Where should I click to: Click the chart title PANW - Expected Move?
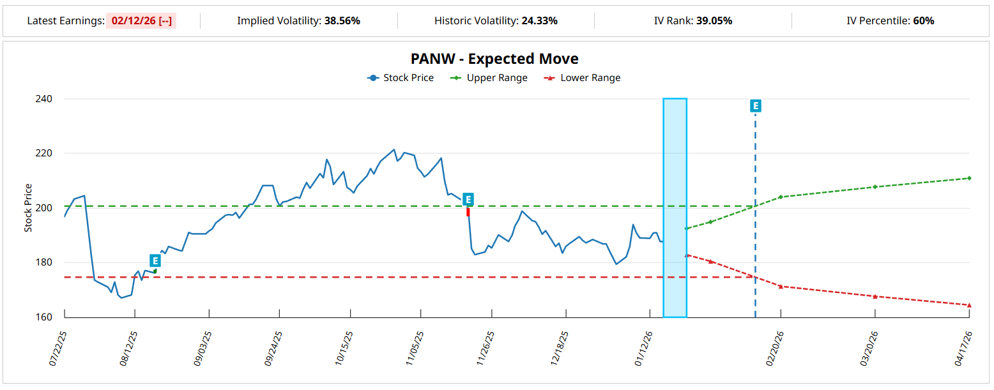coord(494,59)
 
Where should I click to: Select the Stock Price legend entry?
coord(401,78)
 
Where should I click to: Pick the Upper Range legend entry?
coord(489,78)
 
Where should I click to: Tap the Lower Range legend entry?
coord(582,78)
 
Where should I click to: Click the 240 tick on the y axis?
coord(44,99)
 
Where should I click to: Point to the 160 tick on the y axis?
coord(44,317)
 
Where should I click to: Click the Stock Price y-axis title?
coord(28,207)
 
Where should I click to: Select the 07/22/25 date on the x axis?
coord(57,348)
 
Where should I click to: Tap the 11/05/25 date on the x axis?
coord(414,348)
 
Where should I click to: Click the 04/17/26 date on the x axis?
coord(963,348)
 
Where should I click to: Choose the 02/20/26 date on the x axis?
coord(774,348)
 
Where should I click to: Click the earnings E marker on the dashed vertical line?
coord(755,106)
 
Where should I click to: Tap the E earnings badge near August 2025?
coord(155,260)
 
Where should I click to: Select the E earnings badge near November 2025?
coord(468,199)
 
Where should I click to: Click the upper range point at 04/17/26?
coord(969,178)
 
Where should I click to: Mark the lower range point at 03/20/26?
coord(875,296)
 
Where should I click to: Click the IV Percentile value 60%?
coord(923,20)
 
